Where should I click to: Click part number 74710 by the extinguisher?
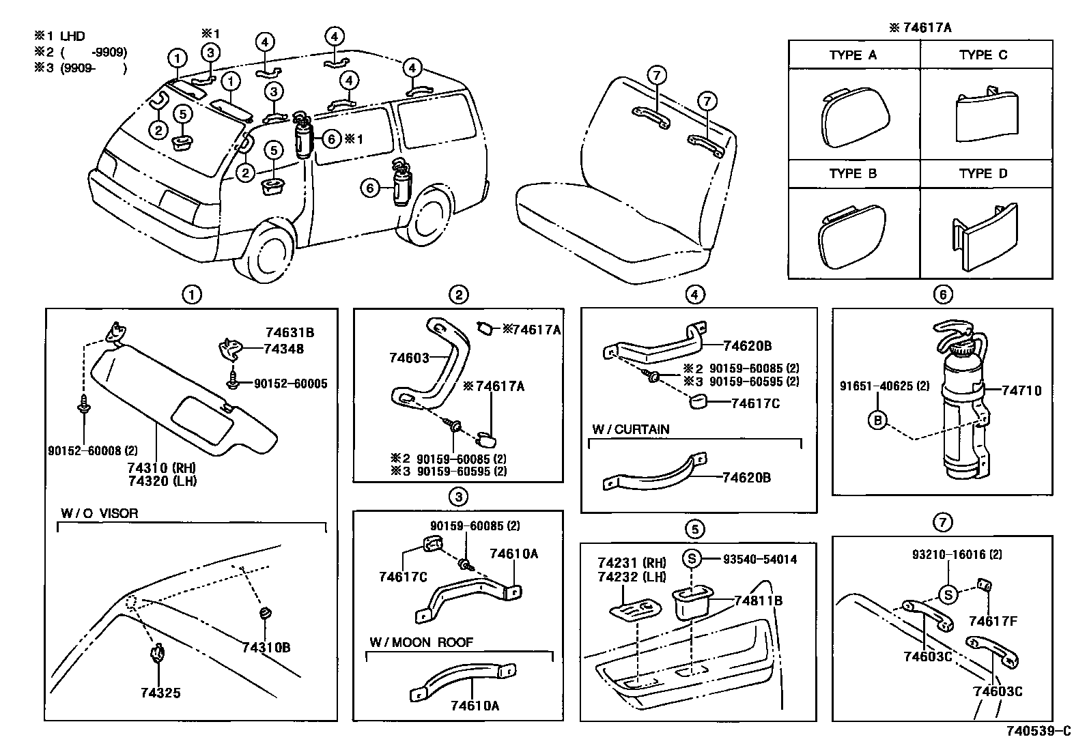click(1021, 391)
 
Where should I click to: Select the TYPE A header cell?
click(853, 55)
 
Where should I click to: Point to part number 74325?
click(160, 693)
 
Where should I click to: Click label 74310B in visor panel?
click(266, 648)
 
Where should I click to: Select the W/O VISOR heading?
click(99, 514)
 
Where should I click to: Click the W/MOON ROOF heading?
click(421, 643)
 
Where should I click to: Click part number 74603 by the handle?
click(409, 358)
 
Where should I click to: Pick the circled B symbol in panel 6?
click(878, 420)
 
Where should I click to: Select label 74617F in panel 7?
click(993, 621)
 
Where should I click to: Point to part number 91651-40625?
click(884, 386)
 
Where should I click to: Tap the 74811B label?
click(758, 601)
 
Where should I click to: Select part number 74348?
click(285, 349)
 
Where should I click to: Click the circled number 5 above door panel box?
click(694, 529)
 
